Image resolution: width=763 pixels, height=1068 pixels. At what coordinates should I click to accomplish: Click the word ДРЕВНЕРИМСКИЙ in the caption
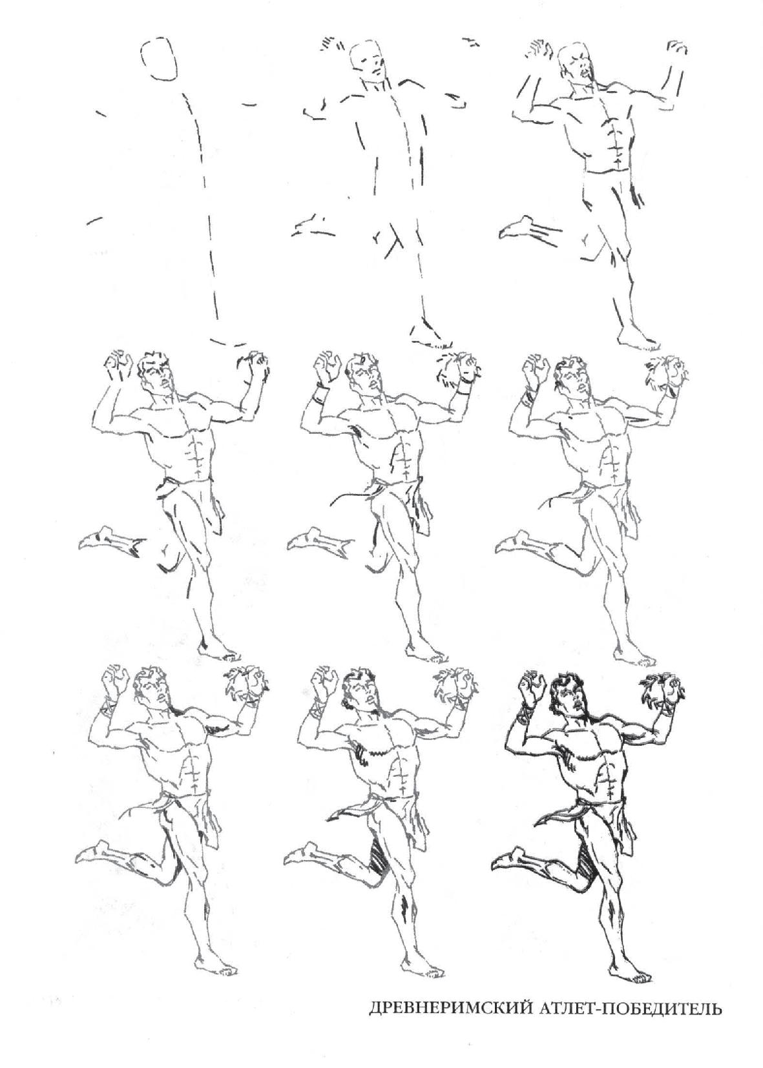pyautogui.click(x=452, y=1007)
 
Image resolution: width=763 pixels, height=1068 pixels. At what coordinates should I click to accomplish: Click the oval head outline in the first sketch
pyautogui.click(x=158, y=59)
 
